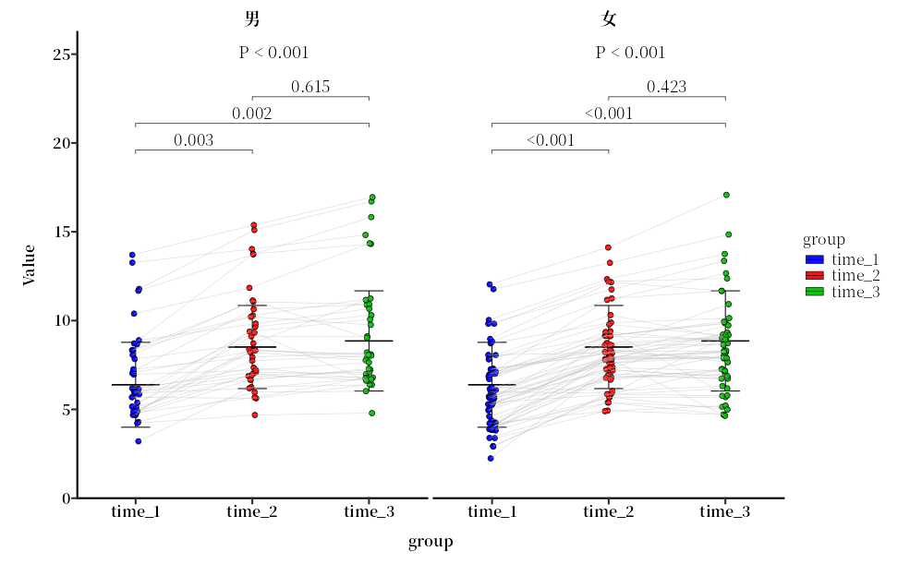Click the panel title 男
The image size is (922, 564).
coord(252,18)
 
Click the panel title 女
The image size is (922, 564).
coord(609,18)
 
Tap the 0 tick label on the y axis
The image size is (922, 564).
coord(66,498)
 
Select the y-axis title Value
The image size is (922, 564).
coord(29,265)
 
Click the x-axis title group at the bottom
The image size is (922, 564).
coord(431,542)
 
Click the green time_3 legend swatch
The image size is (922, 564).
coord(815,292)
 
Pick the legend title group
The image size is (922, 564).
coord(823,240)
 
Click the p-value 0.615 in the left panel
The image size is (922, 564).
coord(310,88)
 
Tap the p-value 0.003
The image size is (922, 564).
coord(194,141)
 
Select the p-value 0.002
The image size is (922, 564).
coord(252,114)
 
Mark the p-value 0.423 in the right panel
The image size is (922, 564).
coord(666,88)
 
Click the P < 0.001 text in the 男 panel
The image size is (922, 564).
coord(273,53)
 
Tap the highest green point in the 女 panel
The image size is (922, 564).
coord(726,195)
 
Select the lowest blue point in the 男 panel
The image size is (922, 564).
coord(139,441)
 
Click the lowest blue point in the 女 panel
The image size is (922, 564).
coord(491,458)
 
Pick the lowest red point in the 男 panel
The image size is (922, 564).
coord(255,414)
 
